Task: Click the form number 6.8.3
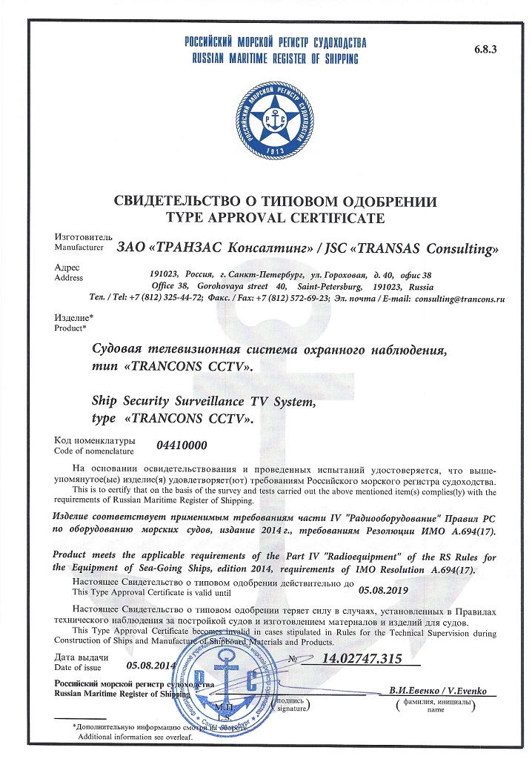487,49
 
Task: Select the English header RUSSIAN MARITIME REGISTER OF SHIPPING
272,59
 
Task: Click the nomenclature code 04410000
182,445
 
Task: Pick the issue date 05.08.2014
151,665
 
